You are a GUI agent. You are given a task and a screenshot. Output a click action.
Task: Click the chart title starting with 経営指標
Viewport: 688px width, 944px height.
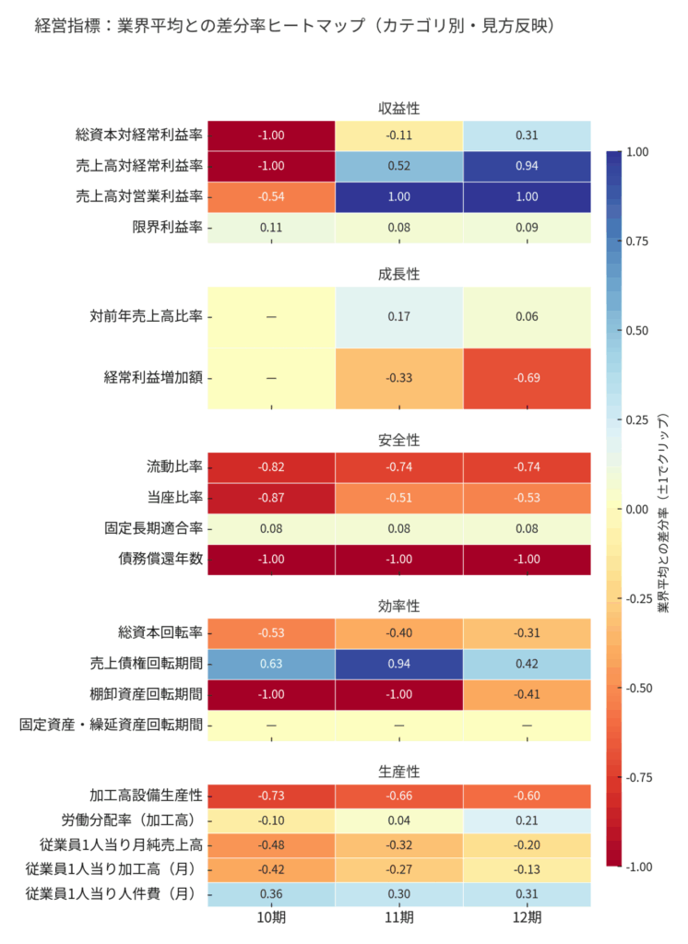[292, 26]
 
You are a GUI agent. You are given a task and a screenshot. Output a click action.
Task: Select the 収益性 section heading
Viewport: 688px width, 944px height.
[398, 109]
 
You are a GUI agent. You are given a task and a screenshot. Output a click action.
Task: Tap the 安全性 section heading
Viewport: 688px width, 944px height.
[398, 440]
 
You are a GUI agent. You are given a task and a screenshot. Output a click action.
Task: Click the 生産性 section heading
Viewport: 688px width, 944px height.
[398, 771]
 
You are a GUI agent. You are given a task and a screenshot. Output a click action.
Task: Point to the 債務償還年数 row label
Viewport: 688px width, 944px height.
[153, 560]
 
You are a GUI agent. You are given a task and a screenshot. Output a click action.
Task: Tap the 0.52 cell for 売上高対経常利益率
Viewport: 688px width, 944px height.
[398, 166]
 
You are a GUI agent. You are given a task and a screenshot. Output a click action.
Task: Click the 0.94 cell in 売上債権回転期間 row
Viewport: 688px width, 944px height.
[398, 663]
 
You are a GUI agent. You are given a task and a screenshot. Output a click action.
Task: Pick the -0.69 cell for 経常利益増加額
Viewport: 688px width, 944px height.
[527, 378]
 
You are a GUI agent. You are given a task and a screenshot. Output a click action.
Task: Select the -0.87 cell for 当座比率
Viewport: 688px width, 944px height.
[271, 498]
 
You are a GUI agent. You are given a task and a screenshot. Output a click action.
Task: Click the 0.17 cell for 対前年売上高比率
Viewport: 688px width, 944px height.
[398, 316]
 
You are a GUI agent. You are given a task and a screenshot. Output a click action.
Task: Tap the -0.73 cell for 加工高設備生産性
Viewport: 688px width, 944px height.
[271, 795]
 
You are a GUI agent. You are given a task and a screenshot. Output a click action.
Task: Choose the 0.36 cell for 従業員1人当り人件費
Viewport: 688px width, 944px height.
[271, 894]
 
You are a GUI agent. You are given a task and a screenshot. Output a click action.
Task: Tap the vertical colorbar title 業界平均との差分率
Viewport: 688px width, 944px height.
[662, 509]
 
